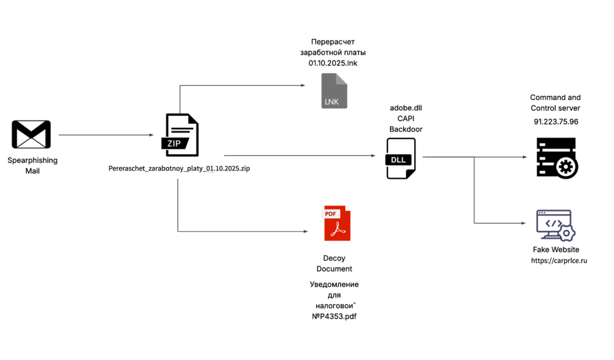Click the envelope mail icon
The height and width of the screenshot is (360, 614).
click(x=31, y=134)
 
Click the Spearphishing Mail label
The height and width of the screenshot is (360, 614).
click(x=32, y=166)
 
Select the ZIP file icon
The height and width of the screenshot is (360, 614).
click(x=181, y=136)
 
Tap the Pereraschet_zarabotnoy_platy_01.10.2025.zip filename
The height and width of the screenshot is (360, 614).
click(x=179, y=169)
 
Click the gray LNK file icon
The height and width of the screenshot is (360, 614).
click(x=334, y=91)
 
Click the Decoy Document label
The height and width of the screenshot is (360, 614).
click(x=334, y=263)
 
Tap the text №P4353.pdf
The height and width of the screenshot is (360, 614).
click(x=334, y=316)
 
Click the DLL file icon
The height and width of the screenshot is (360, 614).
click(x=401, y=158)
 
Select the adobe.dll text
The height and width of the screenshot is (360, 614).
click(x=406, y=107)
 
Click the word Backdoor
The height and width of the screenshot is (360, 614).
click(x=406, y=128)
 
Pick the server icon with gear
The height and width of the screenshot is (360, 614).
click(x=556, y=157)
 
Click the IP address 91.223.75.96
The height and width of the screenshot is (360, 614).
click(x=556, y=121)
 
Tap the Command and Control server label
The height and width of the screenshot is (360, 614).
click(x=555, y=103)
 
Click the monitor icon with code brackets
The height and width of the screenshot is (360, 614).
click(x=555, y=226)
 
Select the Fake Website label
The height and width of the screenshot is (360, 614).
click(x=556, y=250)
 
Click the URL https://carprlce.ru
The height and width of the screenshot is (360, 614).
click(x=558, y=261)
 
